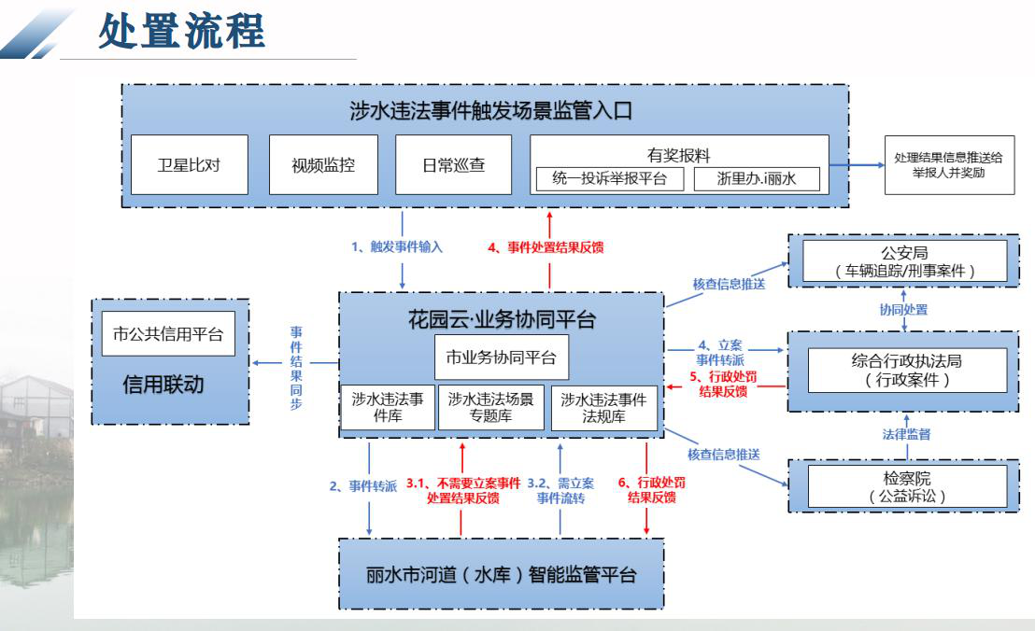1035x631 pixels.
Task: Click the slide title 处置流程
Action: [182, 33]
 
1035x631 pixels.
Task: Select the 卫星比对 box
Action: [190, 163]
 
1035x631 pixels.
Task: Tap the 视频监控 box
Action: [323, 163]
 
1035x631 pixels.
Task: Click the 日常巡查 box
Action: [453, 163]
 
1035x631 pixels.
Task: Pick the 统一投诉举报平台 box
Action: [608, 179]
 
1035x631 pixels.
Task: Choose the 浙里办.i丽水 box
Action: [757, 179]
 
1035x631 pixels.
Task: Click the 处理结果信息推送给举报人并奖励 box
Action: [949, 165]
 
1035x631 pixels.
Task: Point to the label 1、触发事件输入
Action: [397, 247]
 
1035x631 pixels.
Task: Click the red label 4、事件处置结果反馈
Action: [546, 247]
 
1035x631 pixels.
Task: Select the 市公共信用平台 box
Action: [168, 334]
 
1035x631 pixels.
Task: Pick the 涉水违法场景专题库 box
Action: [490, 408]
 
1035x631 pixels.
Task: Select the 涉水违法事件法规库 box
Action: [603, 408]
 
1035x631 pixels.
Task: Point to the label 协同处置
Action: [903, 309]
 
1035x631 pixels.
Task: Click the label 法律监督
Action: [903, 434]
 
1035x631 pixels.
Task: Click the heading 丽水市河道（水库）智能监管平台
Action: [502, 574]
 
